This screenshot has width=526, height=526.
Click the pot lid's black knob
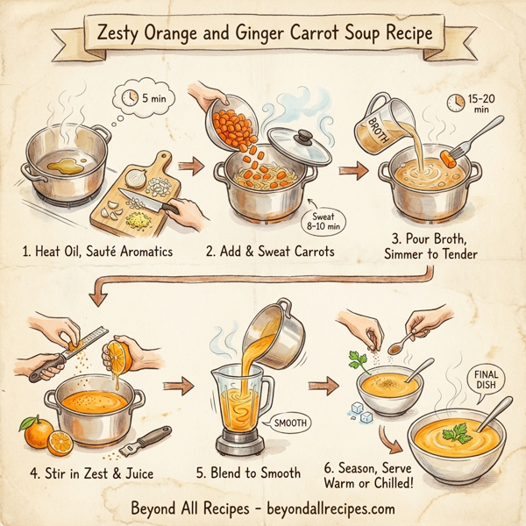tap(305, 138)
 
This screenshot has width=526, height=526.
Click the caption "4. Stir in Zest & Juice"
tap(91, 473)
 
